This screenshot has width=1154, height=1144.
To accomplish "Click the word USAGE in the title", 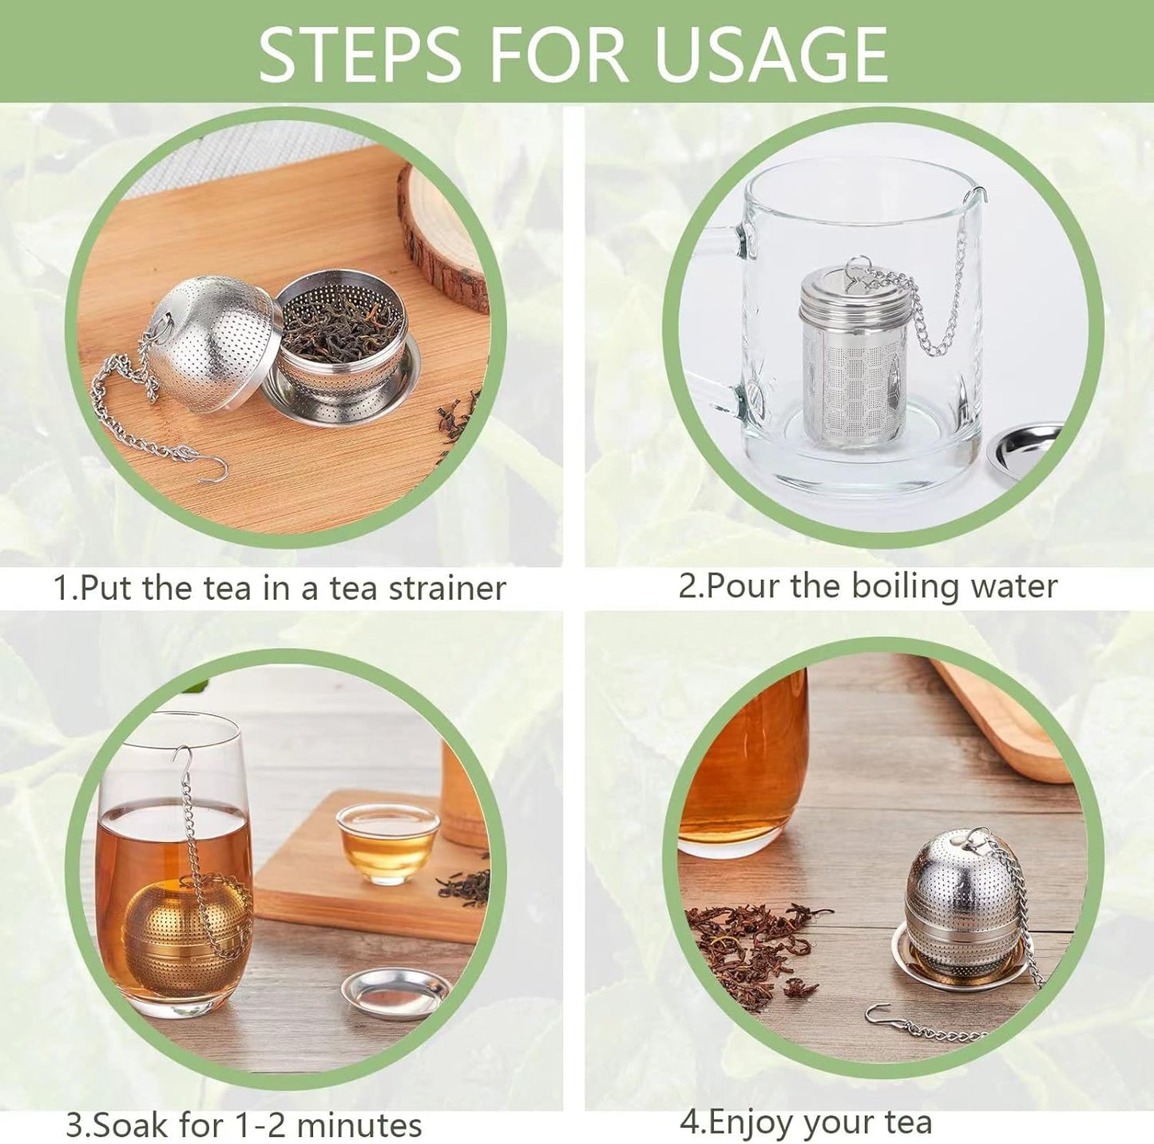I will (770, 54).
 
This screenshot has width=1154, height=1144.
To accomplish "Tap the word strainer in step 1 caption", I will (447, 589).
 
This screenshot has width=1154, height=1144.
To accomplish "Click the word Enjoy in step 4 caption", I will (752, 1122).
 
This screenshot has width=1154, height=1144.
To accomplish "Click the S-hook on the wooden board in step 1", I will (213, 471).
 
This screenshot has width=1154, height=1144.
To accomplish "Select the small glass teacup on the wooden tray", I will (387, 843).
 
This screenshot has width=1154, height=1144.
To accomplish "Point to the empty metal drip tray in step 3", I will (396, 992).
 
